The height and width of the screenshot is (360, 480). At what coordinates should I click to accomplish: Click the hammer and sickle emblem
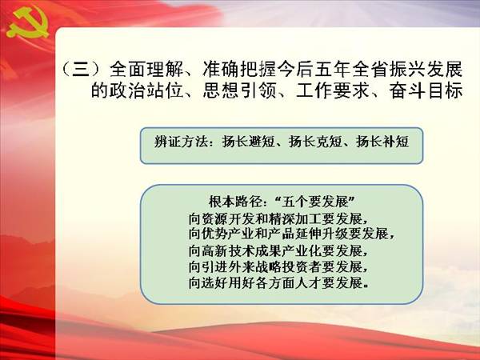click(x=27, y=22)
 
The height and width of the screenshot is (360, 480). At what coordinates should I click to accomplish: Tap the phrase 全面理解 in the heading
click(x=146, y=69)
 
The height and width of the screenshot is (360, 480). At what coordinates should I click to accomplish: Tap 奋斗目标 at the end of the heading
click(x=426, y=90)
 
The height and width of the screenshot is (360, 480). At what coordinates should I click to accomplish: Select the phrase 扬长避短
click(x=248, y=142)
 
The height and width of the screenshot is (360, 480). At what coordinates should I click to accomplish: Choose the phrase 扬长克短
click(x=315, y=142)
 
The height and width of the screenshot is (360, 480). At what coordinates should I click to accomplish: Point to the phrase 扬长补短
click(x=382, y=142)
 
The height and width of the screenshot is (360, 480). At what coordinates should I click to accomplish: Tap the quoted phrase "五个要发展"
click(x=315, y=202)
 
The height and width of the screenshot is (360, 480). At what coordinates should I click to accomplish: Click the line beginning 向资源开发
click(x=278, y=218)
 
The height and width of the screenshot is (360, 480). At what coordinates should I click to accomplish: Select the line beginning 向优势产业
click(x=291, y=234)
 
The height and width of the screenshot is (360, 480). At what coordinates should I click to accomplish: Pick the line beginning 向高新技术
click(x=278, y=251)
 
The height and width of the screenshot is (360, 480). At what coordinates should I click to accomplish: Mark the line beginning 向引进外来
click(x=278, y=267)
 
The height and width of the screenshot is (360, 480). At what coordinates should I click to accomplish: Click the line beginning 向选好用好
click(x=278, y=283)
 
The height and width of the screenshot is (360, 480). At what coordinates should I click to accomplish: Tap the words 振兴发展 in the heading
click(x=426, y=69)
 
